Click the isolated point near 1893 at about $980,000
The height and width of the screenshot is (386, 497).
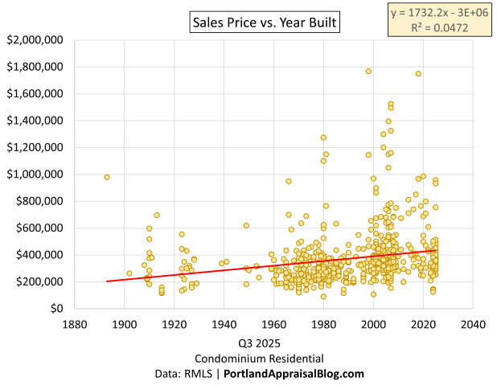pos(107,177)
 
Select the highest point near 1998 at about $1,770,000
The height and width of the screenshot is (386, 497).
pos(368,71)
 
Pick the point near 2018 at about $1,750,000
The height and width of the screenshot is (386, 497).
pos(418,74)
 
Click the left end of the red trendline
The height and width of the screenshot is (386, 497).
pos(107,281)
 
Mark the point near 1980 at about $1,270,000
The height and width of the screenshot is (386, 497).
pos(323,138)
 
